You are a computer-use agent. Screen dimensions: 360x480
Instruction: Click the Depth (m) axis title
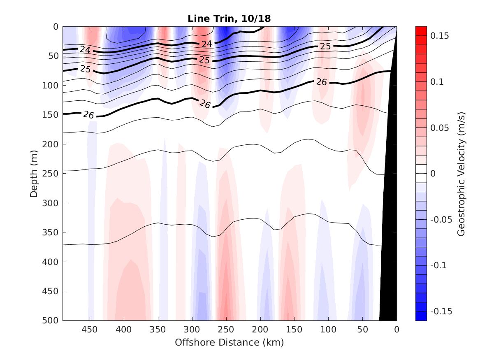[x=34, y=173]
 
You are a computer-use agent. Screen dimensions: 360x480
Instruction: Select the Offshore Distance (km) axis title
[x=230, y=342]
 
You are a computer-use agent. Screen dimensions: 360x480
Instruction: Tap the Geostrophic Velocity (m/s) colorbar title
[x=461, y=173]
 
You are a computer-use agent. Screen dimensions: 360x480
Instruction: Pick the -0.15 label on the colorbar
[x=441, y=311]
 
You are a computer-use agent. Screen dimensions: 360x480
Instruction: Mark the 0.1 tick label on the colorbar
[x=438, y=82]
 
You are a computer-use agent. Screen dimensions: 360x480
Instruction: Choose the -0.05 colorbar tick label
[x=441, y=219]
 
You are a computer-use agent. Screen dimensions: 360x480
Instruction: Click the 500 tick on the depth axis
[x=51, y=321]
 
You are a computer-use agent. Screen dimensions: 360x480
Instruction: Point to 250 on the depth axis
[x=51, y=174]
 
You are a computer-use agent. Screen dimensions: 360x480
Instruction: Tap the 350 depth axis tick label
[x=51, y=232]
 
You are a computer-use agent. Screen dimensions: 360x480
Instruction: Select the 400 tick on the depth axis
[x=51, y=262]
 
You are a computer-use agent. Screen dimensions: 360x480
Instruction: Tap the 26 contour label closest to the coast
[x=321, y=82]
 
